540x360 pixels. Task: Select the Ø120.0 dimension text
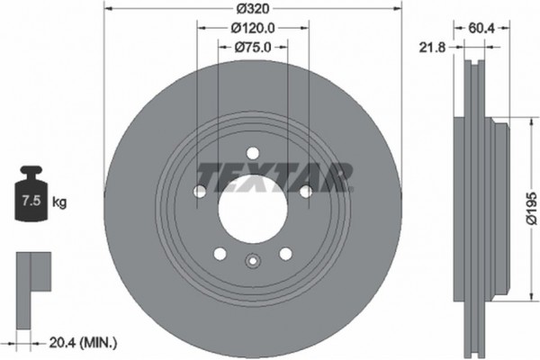click(252, 29)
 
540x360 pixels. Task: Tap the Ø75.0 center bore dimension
click(252, 48)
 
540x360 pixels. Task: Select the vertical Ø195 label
click(528, 204)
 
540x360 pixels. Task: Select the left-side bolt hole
click(199, 191)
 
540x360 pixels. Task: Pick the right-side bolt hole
click(305, 191)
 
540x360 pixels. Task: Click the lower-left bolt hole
click(219, 253)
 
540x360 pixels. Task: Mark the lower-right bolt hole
click(285, 253)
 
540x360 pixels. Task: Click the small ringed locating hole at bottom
click(252, 263)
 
